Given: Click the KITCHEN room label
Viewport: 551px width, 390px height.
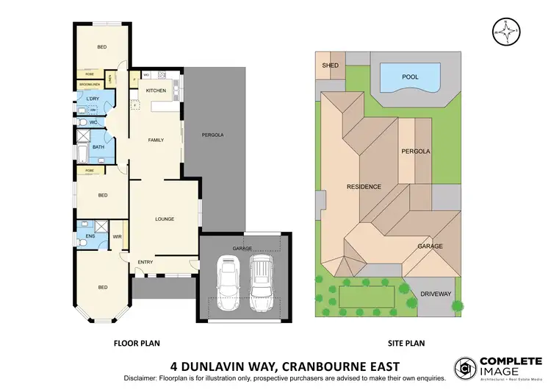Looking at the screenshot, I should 156,91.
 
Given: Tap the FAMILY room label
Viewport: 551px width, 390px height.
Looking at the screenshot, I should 156,139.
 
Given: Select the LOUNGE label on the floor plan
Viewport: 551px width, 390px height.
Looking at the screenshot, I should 163,219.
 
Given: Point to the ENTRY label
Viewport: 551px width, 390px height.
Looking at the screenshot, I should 145,262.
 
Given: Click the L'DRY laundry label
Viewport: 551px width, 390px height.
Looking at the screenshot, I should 93,98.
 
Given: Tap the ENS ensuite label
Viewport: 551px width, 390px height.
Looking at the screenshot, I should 90,235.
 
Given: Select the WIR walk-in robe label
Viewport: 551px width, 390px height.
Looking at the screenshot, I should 117,236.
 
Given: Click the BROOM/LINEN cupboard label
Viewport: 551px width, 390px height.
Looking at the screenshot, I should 90,85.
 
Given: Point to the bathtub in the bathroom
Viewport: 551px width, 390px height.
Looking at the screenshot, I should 82,155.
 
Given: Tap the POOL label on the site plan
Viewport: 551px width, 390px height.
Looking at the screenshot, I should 411,77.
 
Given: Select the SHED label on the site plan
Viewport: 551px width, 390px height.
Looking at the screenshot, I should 330,65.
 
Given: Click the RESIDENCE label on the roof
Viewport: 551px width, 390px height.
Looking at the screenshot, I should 364,187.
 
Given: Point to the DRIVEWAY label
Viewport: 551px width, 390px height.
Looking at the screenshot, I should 436,294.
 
